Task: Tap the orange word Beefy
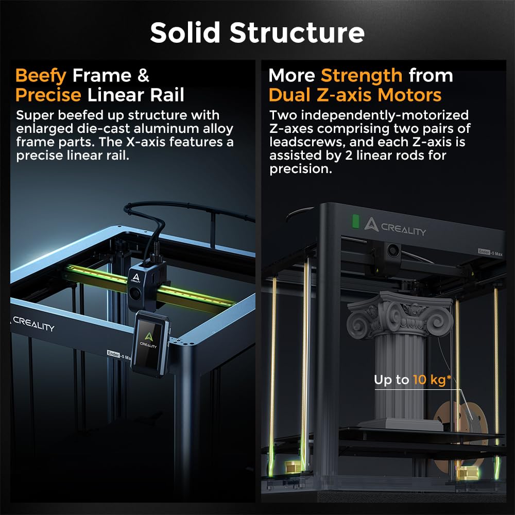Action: point(41,76)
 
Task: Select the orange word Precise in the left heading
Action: point(48,95)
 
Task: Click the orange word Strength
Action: point(362,76)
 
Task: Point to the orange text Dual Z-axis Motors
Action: point(355,95)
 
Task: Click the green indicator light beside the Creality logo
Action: point(354,221)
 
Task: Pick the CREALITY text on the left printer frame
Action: point(33,324)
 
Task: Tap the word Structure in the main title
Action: point(297,32)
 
